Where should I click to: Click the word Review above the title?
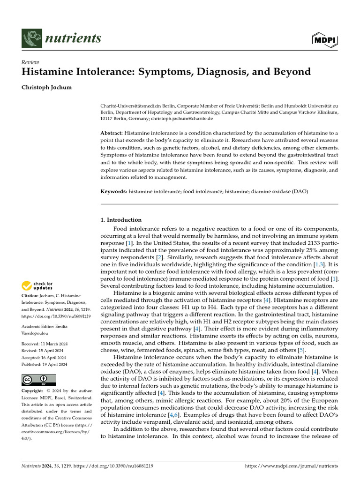point(30,62)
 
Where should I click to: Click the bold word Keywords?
point(114,192)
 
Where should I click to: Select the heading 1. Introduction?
point(121,219)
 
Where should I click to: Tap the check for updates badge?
point(37,285)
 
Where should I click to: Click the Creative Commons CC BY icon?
point(38,380)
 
